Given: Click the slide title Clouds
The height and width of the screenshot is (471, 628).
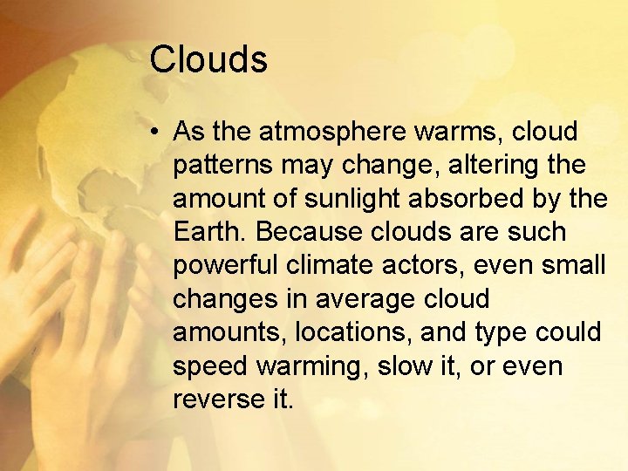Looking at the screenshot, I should point(208,60).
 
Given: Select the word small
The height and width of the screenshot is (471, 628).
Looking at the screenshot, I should point(572,266).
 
